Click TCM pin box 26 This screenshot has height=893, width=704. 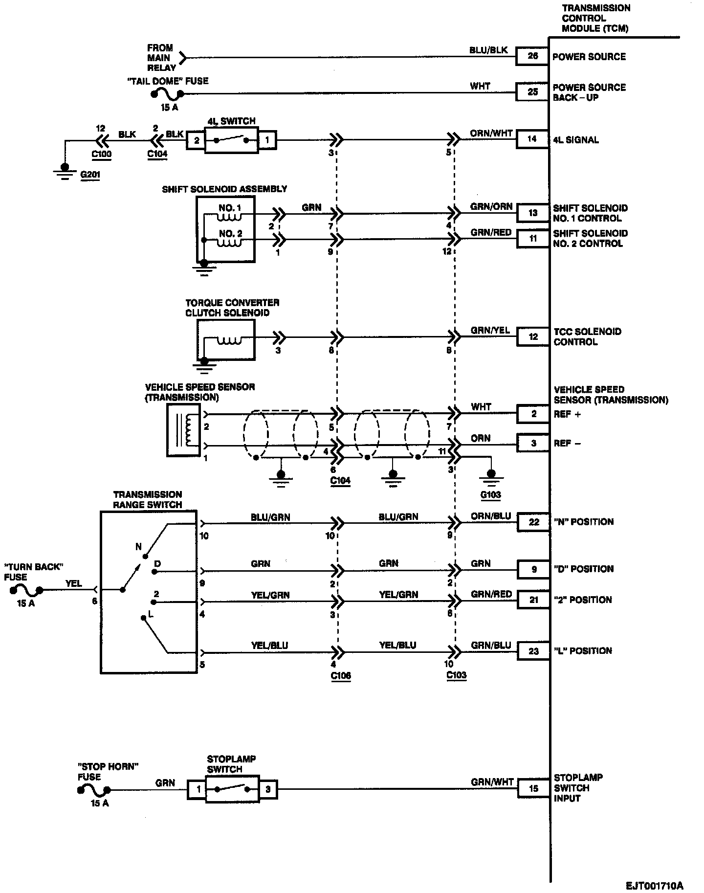[532, 56]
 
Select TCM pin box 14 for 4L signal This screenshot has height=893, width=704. [532, 139]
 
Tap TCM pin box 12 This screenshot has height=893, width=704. [533, 336]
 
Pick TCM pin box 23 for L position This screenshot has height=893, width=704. [533, 651]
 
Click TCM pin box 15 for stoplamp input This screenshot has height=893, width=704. [533, 788]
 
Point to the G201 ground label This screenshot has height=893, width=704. [89, 174]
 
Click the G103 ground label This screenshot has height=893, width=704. [490, 494]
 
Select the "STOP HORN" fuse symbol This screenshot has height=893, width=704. [94, 789]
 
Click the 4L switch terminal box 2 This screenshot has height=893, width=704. [196, 141]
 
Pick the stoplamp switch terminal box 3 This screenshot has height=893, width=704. [268, 789]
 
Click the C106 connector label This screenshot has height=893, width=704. [341, 675]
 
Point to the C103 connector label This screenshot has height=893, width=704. [456, 675]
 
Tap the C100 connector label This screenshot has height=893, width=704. [101, 154]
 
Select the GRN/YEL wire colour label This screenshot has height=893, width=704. [490, 331]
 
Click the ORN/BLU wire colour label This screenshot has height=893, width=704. [491, 516]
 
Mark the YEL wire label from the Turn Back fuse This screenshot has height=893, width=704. [74, 583]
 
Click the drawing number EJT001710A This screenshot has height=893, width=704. [654, 886]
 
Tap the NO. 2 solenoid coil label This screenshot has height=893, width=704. [230, 234]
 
